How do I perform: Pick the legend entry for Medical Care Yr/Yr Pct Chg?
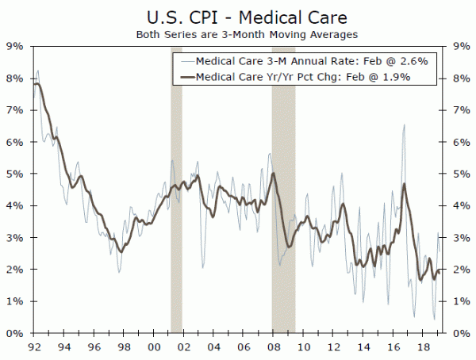click(306, 77)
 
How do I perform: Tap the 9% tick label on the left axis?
click(15, 46)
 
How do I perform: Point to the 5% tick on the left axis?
click(15, 174)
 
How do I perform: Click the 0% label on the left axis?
click(15, 333)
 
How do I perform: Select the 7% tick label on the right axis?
click(460, 109)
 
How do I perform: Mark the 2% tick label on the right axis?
click(460, 270)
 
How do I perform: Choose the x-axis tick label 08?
click(272, 347)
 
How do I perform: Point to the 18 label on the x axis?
click(423, 347)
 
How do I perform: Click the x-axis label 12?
click(332, 347)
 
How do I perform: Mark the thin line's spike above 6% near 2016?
click(405, 124)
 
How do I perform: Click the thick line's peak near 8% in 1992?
click(36, 82)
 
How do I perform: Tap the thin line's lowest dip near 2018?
click(434, 320)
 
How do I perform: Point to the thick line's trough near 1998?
click(121, 251)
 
